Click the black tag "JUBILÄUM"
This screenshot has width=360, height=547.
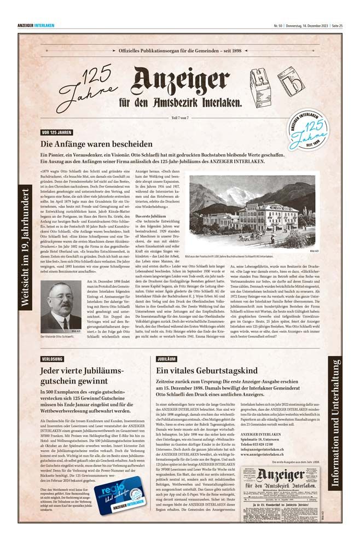[x=166, y=359]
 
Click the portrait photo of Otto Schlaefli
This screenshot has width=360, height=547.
[x=61, y=306]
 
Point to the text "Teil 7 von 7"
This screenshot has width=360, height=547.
[x=180, y=118]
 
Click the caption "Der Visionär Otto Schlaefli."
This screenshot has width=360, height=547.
[x=57, y=336]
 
